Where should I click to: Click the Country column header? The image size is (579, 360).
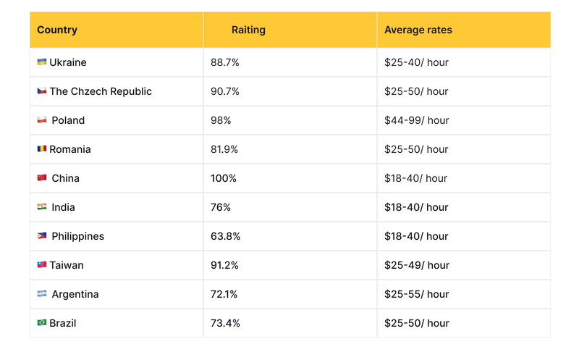point(57,30)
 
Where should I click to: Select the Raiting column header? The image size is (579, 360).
point(248,30)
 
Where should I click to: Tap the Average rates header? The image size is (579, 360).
point(418,30)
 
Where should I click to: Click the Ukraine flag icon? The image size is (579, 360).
point(42,62)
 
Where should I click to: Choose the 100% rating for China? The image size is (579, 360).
point(224,178)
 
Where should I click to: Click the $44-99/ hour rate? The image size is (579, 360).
point(416,120)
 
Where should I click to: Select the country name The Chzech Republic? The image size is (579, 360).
point(101,91)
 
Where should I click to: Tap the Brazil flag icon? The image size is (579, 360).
point(42,322)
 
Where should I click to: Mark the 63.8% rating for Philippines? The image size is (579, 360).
point(225,236)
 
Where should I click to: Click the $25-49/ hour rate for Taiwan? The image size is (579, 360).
point(416,265)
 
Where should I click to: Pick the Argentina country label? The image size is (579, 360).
point(75,294)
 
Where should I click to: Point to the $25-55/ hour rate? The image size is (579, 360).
point(416,294)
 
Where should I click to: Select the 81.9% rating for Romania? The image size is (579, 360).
point(225,149)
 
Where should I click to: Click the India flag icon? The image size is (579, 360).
point(42,207)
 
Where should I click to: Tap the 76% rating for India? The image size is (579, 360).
point(221,207)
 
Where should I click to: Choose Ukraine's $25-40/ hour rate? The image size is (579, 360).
point(416,62)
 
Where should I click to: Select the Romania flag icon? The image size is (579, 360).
point(42,148)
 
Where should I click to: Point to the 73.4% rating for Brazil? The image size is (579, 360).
point(225,323)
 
